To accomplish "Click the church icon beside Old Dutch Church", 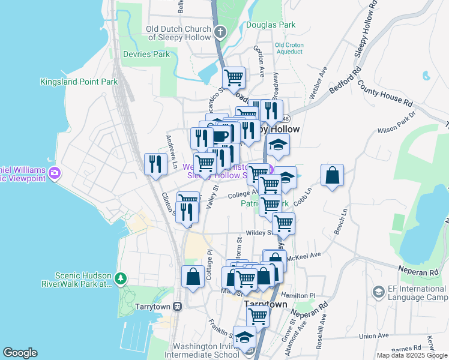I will (x=220, y=31).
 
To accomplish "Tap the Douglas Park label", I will (x=271, y=25).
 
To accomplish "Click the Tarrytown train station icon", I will (x=177, y=306).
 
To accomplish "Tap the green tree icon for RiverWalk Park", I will (x=121, y=278).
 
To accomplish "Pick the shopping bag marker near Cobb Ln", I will (x=332, y=175).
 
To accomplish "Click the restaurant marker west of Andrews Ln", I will (x=156, y=164).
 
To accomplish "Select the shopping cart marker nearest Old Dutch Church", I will (x=234, y=77).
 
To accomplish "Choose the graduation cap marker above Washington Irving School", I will (x=244, y=338).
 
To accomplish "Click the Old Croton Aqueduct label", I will (x=288, y=48).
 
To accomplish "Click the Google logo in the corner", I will (x=20, y=353).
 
